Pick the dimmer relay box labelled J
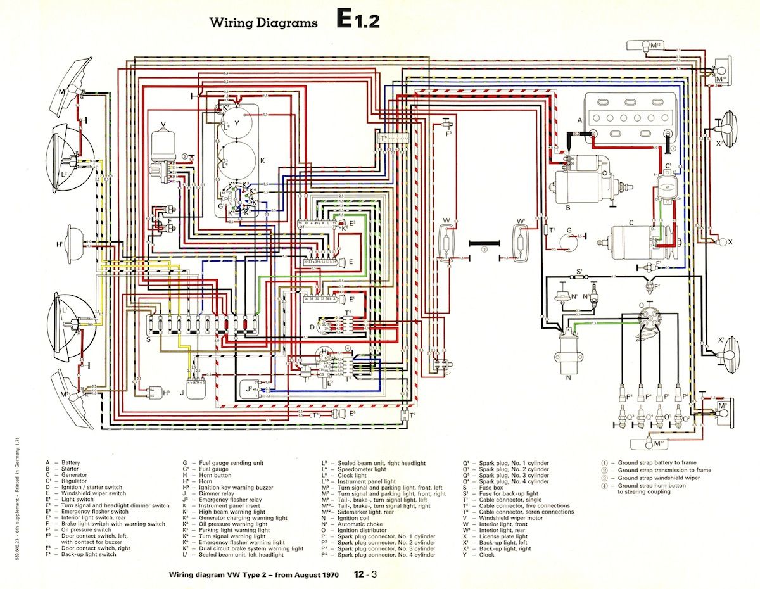click(x=200, y=386)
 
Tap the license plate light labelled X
click(x=720, y=242)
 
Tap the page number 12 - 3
click(x=367, y=575)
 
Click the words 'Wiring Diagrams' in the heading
click(x=263, y=23)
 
